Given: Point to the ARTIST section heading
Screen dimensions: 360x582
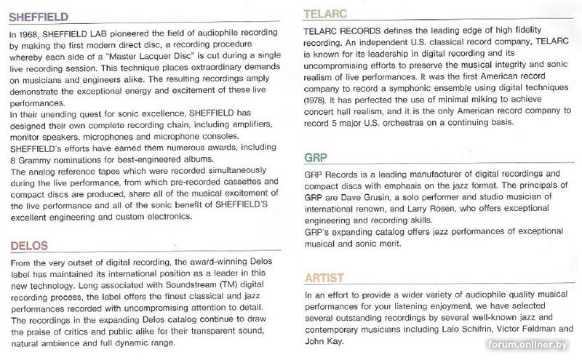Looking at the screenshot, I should tap(326, 276).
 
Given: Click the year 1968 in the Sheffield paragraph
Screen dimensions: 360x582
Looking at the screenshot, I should tap(33, 36).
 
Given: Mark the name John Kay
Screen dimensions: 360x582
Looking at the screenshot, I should tap(322, 341).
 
